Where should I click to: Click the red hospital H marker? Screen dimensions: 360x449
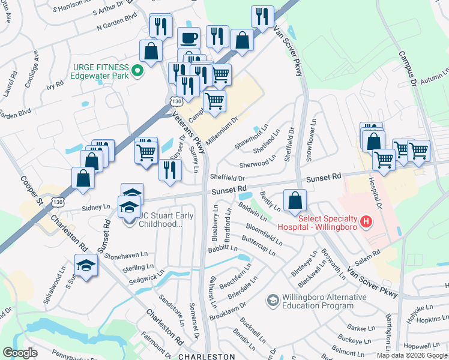(366, 223)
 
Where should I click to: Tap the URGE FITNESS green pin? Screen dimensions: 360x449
(137, 71)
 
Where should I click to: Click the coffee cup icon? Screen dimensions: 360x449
(188, 37)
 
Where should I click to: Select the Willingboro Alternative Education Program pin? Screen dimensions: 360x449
(273, 299)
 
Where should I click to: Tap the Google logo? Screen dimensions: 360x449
(20, 353)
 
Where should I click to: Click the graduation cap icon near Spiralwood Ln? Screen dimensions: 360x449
(86, 265)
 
